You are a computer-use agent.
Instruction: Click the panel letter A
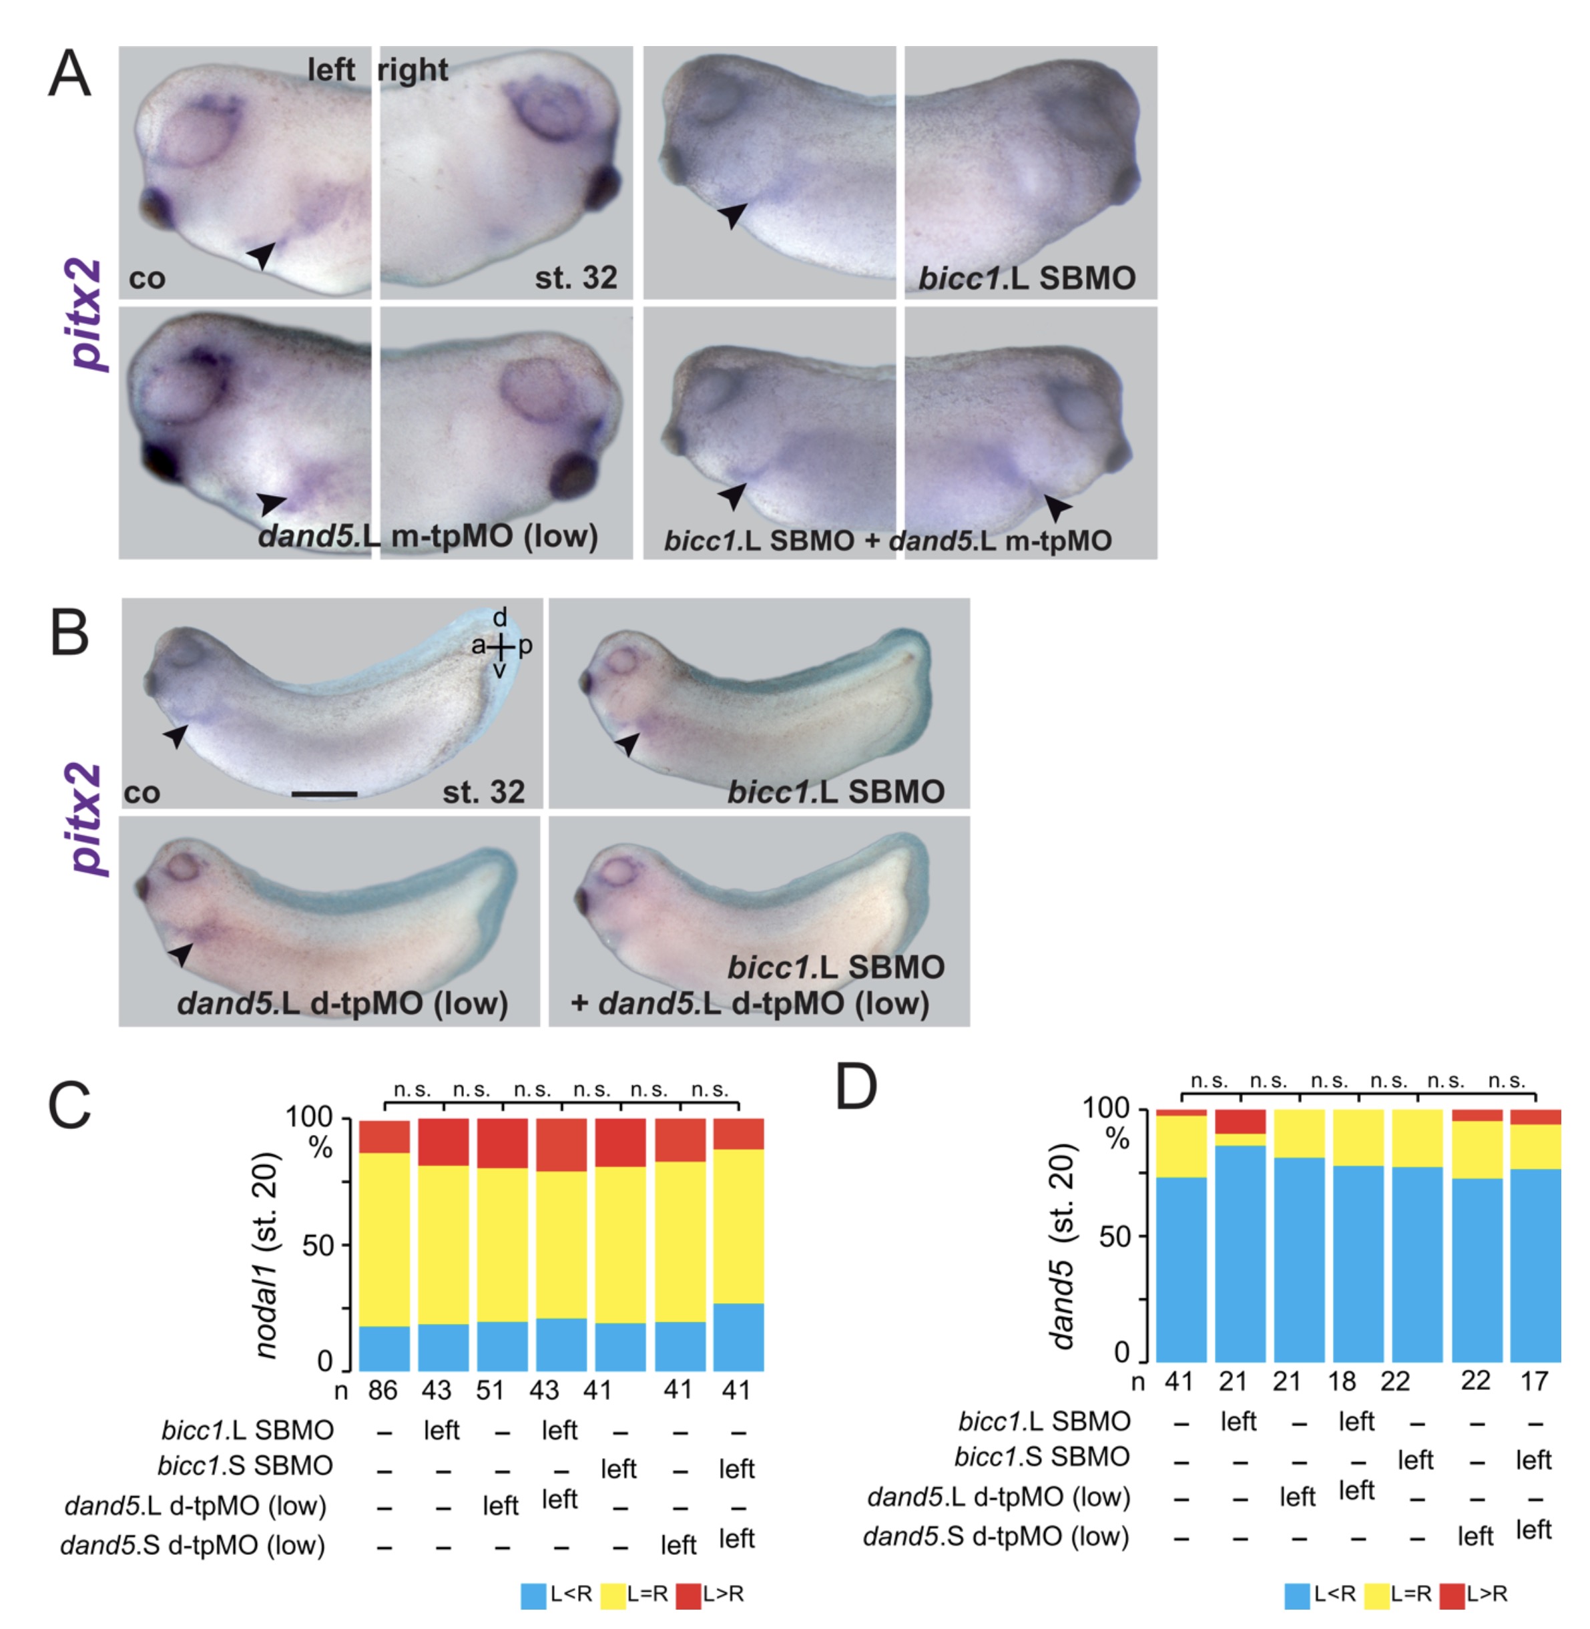tap(69, 73)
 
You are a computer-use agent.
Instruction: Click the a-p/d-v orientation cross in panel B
tap(500, 646)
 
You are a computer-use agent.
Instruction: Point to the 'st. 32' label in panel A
tap(575, 277)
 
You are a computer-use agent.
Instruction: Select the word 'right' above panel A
tap(413, 70)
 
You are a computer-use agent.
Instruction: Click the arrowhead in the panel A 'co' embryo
tap(262, 253)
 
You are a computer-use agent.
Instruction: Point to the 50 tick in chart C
tap(317, 1246)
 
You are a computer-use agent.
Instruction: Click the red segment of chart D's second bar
tap(1240, 1121)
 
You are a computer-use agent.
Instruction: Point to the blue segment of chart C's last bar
tap(738, 1336)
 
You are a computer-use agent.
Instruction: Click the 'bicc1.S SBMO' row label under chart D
tap(1041, 1457)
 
